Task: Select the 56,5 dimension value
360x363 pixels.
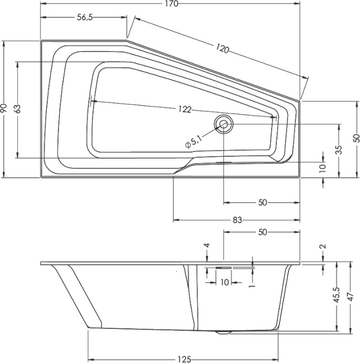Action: pyautogui.click(x=85, y=17)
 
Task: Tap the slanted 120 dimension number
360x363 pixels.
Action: pyautogui.click(x=222, y=49)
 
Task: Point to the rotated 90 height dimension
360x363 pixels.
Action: pyautogui.click(x=4, y=109)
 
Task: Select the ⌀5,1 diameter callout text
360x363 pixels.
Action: pyautogui.click(x=193, y=140)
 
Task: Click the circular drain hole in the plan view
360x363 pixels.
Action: pyautogui.click(x=224, y=124)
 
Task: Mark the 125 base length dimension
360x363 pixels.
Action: pyautogui.click(x=183, y=359)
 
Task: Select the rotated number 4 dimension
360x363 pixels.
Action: pyautogui.click(x=207, y=246)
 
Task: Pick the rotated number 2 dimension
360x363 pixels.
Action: pyautogui.click(x=323, y=246)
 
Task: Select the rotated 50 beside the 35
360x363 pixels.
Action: pyautogui.click(x=356, y=138)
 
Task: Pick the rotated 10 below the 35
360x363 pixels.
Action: pyautogui.click(x=323, y=167)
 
